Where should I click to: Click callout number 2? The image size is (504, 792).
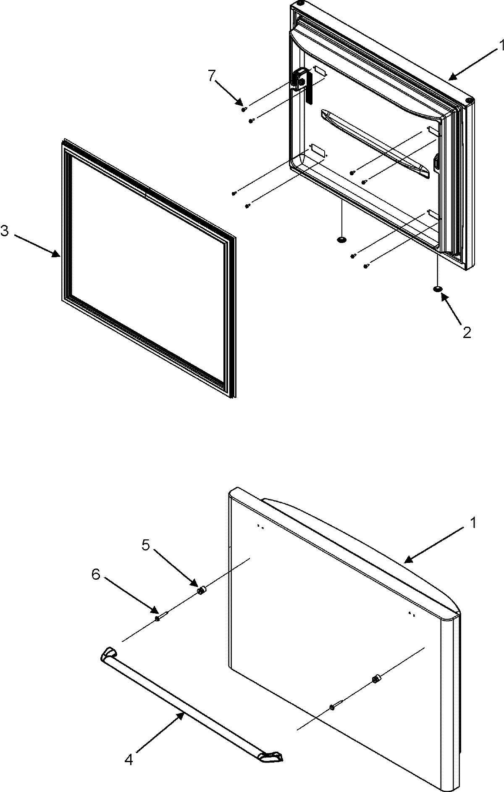(x=467, y=332)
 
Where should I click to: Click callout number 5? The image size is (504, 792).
(x=145, y=545)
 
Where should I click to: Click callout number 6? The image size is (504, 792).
(x=96, y=574)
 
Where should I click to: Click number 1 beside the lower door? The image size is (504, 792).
(x=473, y=523)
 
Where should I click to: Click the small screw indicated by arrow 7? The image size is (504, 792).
(x=244, y=110)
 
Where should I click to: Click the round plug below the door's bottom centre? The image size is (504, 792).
(x=342, y=240)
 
